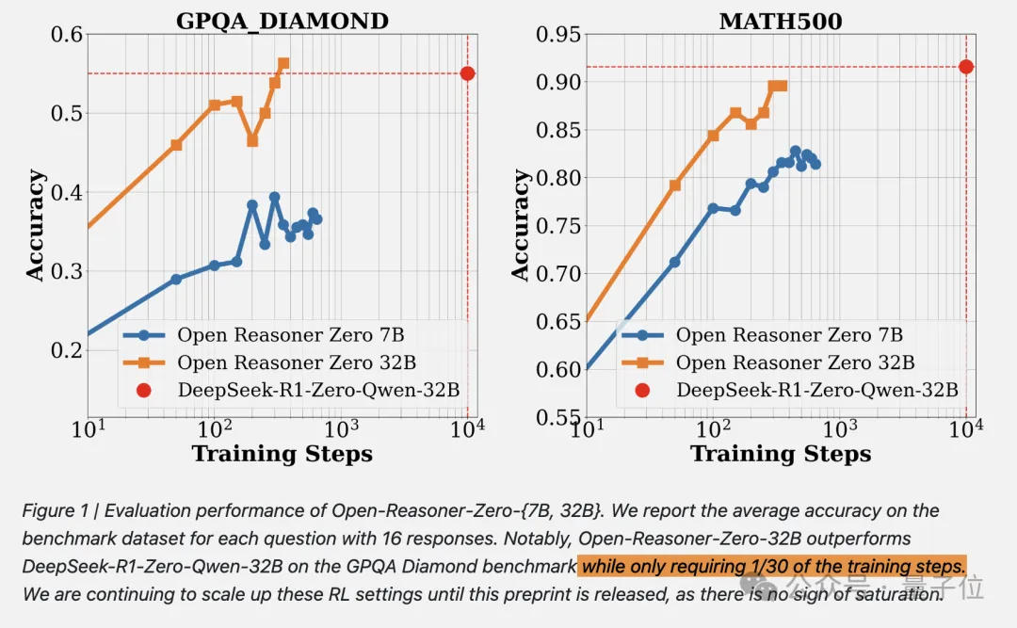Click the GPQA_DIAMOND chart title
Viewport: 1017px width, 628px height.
click(x=282, y=20)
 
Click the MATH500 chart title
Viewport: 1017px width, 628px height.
click(x=780, y=20)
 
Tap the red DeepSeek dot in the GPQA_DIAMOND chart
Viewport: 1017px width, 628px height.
click(x=467, y=73)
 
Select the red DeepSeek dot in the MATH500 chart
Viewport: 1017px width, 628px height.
click(x=965, y=67)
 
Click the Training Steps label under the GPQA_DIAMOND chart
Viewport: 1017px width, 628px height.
click(x=282, y=454)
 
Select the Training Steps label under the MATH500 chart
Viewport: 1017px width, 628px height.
click(x=780, y=454)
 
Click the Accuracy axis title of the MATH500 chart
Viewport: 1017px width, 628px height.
click(x=521, y=225)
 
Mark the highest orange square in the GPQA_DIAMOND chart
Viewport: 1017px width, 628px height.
click(x=283, y=64)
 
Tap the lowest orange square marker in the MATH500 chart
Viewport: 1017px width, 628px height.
click(x=674, y=185)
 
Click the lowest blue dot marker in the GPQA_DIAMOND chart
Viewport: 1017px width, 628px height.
click(x=176, y=280)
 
